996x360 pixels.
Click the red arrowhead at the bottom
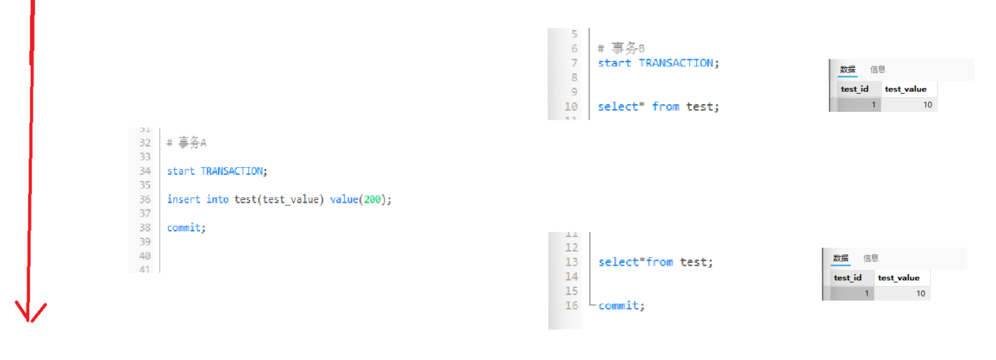click(x=29, y=313)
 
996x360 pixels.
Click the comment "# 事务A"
click(x=187, y=143)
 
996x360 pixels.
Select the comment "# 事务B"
click(x=621, y=48)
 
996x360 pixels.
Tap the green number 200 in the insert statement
click(x=373, y=199)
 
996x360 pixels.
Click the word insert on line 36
click(x=183, y=199)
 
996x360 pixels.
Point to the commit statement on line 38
click(x=186, y=228)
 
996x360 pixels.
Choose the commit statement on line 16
click(x=621, y=305)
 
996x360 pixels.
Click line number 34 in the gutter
click(x=145, y=171)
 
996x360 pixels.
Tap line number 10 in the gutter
click(x=570, y=107)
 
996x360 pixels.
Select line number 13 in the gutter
click(x=572, y=262)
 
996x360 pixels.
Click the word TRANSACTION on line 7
click(x=677, y=63)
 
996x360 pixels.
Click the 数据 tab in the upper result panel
click(x=848, y=69)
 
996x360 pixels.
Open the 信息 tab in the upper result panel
click(x=878, y=69)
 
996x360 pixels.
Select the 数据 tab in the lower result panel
click(x=841, y=258)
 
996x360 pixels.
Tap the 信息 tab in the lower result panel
click(x=871, y=258)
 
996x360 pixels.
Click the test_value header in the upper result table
click(x=905, y=89)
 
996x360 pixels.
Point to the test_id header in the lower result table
click(x=847, y=278)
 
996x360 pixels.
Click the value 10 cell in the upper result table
click(x=909, y=105)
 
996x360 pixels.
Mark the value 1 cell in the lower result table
click(x=848, y=294)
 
